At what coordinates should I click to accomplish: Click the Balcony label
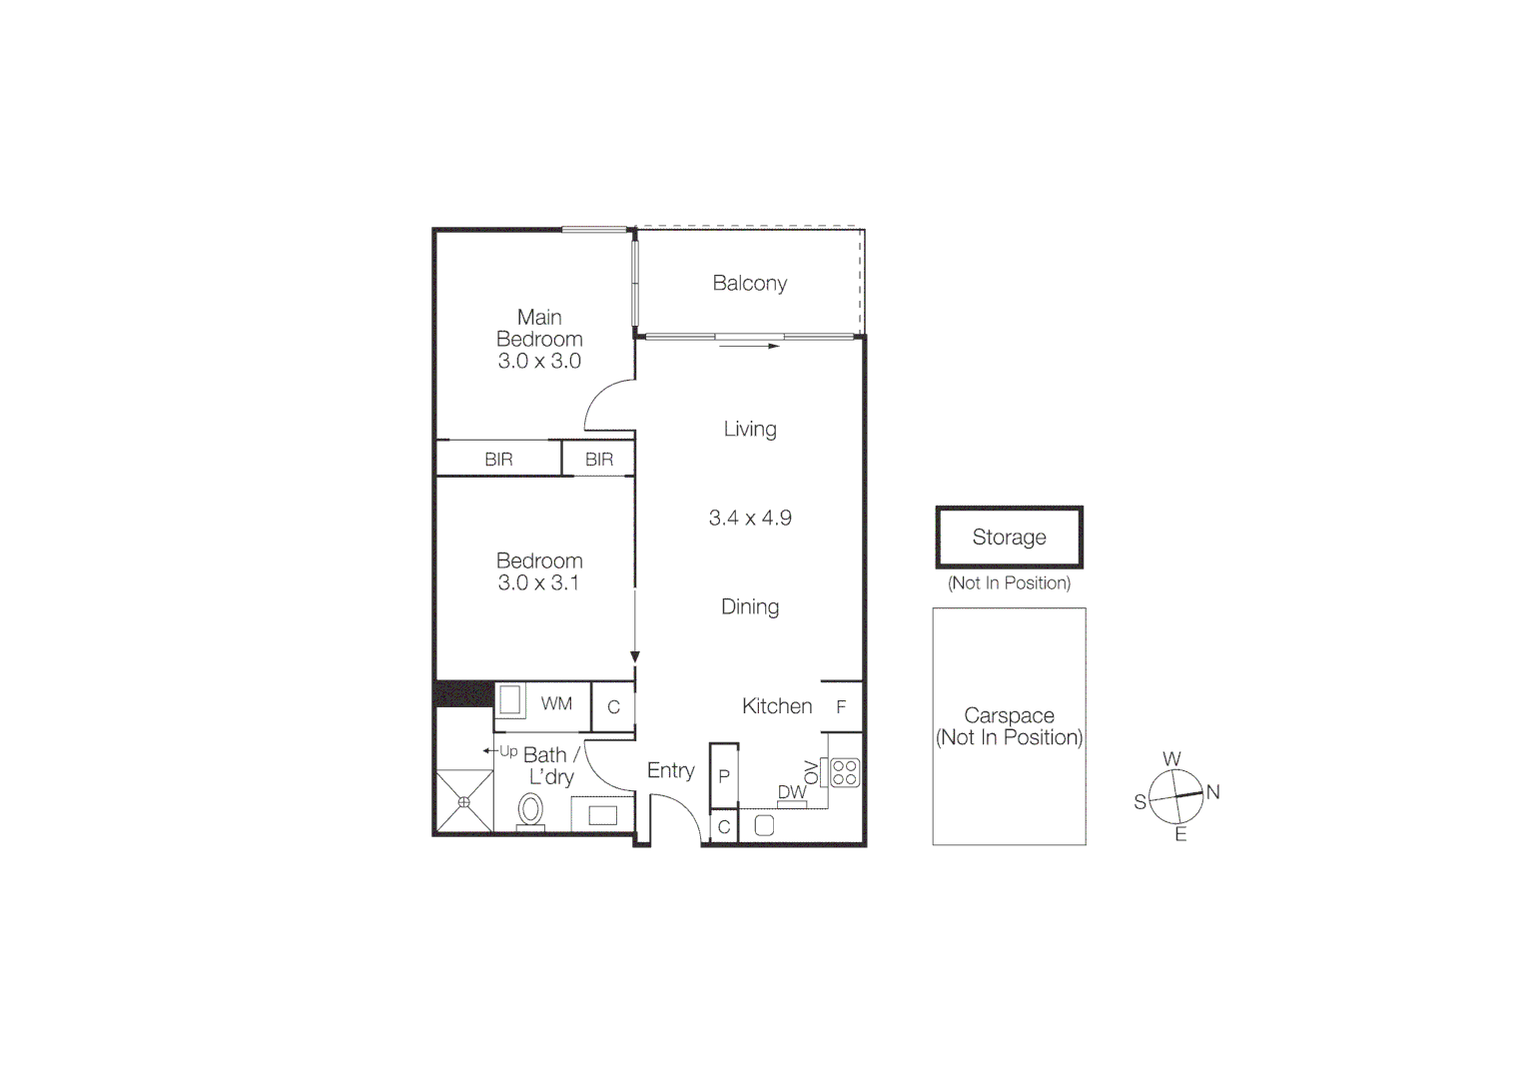click(x=749, y=284)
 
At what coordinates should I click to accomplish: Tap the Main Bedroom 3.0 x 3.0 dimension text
click(x=539, y=362)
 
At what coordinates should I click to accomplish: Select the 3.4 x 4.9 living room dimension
click(x=750, y=518)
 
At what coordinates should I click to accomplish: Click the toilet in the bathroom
click(x=530, y=808)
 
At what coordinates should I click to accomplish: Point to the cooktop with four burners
click(x=844, y=772)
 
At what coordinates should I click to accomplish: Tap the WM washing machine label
click(x=556, y=703)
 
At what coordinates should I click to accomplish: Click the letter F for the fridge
click(x=841, y=706)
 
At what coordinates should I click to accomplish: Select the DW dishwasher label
click(x=791, y=792)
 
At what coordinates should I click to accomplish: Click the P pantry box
click(x=724, y=776)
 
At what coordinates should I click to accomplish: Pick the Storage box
click(x=1009, y=538)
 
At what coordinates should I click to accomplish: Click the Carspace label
click(x=1009, y=716)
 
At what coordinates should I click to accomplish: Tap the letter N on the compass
click(x=1212, y=792)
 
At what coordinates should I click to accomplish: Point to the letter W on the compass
click(x=1171, y=759)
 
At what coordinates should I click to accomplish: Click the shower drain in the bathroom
click(x=464, y=801)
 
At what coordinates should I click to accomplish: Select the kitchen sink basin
click(x=764, y=826)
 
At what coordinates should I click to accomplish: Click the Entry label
click(x=670, y=770)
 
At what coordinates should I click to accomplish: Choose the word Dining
click(x=750, y=607)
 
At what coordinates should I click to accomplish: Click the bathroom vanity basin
click(x=602, y=815)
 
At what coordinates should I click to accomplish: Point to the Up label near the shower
click(x=508, y=751)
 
